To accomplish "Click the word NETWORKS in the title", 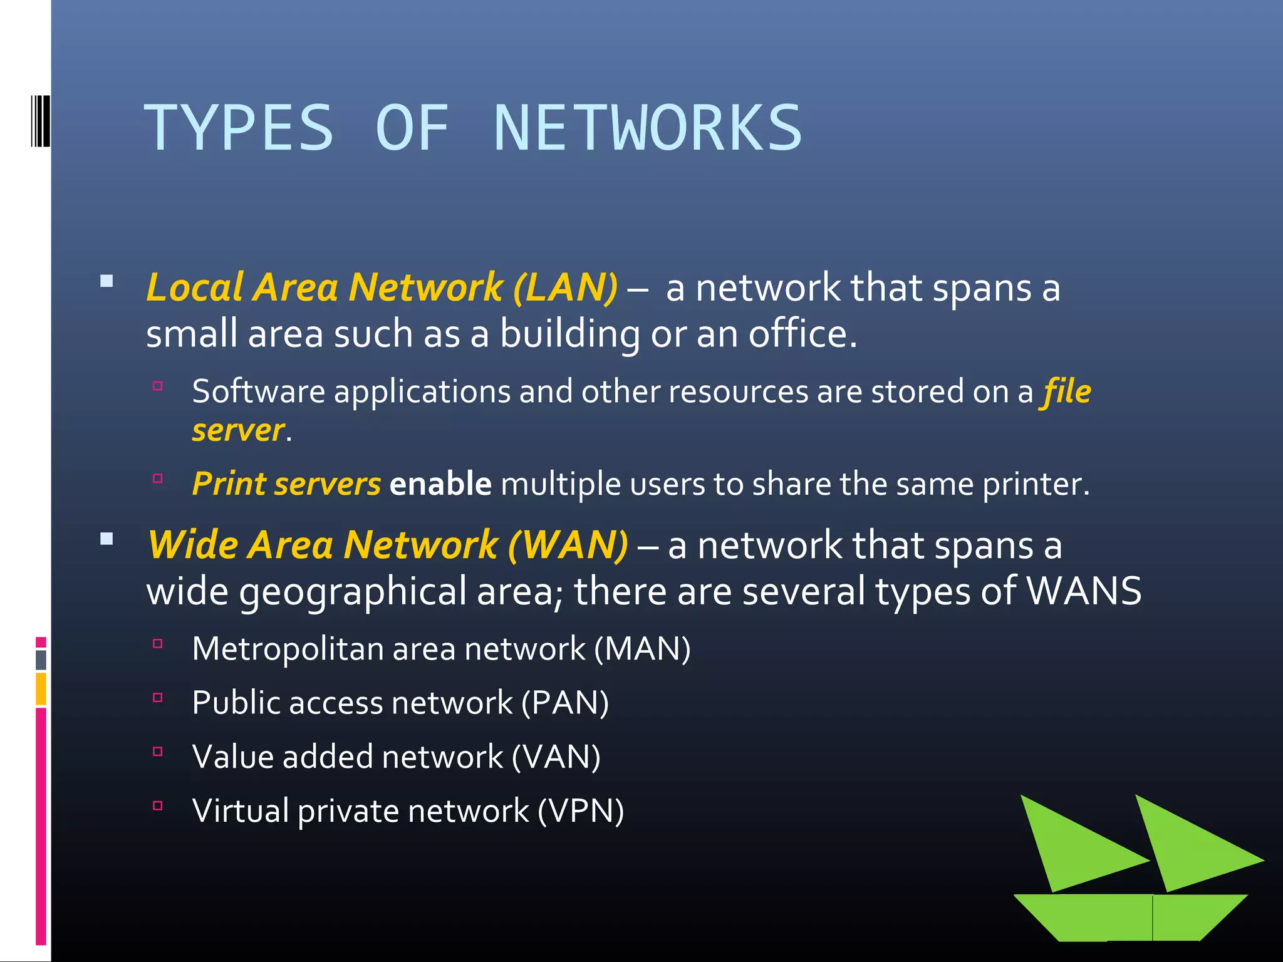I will (x=648, y=128).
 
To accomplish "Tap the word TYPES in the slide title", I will (x=239, y=128).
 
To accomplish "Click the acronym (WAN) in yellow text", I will (x=568, y=544).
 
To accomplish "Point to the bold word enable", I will (x=440, y=484).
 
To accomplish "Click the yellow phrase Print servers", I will (x=286, y=484).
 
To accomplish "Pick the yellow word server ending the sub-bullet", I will (x=238, y=431).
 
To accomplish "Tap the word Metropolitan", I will (x=288, y=649).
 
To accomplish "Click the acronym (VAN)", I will (x=556, y=757).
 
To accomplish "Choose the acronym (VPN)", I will (x=581, y=811).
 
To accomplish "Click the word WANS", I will (x=1084, y=591).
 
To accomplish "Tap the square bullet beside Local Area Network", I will (x=106, y=281).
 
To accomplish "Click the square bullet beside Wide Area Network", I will (x=106, y=539).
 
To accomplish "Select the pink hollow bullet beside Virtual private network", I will (x=158, y=805).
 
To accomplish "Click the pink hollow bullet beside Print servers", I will (x=158, y=479).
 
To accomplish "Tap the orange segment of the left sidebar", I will (x=41, y=688).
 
